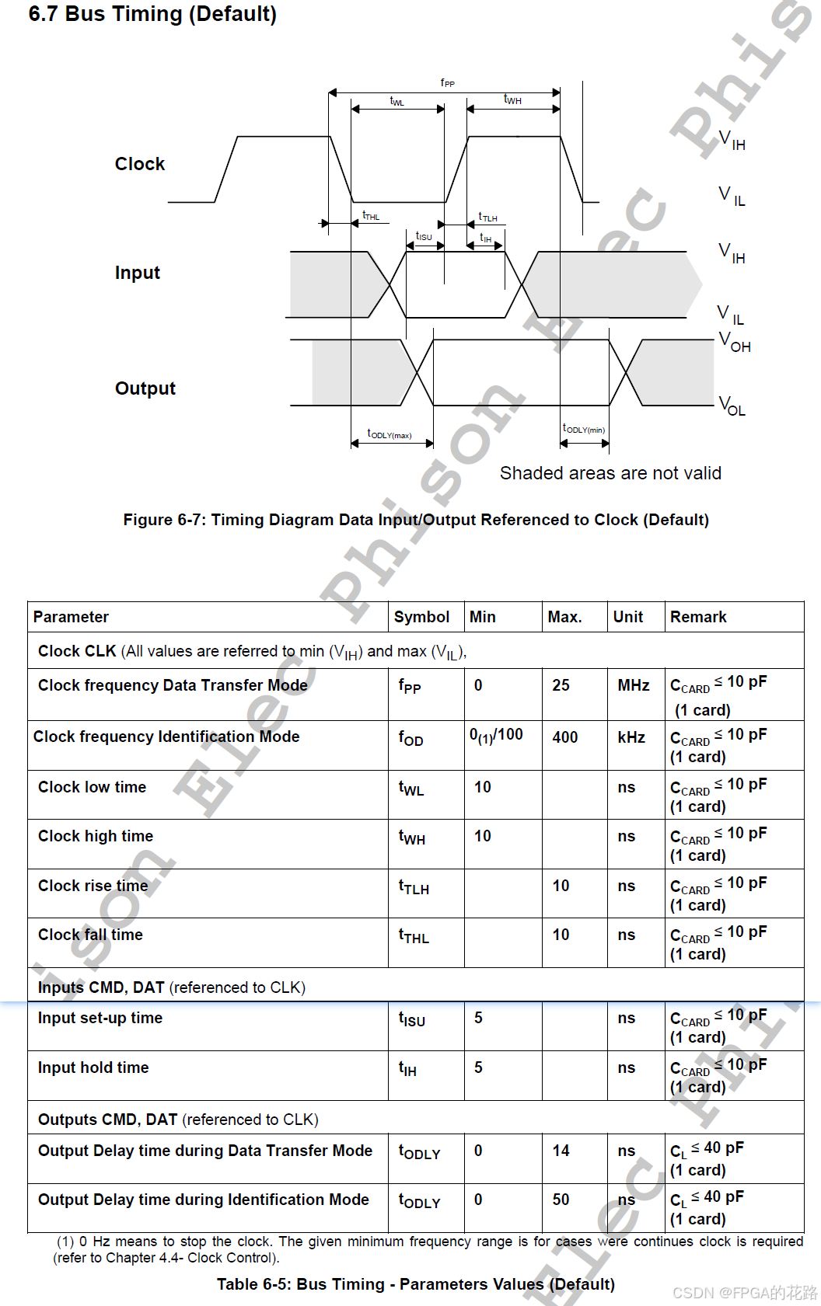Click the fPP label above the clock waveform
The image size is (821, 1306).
(447, 82)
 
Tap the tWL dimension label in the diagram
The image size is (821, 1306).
(397, 101)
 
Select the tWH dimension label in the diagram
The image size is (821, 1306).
(512, 99)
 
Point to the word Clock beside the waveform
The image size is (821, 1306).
(140, 164)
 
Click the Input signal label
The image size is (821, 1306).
(138, 273)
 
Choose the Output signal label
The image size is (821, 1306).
(145, 388)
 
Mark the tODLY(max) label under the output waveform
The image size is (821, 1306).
(390, 434)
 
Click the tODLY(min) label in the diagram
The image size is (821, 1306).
(584, 429)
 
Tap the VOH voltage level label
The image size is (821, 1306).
(735, 342)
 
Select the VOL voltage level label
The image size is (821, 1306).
(732, 406)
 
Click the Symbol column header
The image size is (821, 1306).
(421, 617)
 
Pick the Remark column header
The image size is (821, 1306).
(698, 617)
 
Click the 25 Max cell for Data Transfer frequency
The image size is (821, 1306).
(561, 685)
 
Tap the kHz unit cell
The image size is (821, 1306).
(631, 737)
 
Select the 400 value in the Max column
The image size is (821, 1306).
(565, 737)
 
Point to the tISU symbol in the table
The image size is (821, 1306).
(412, 1019)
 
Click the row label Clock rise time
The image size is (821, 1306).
(93, 886)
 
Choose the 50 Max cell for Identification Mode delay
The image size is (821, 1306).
(561, 1200)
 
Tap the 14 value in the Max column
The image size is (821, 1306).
(561, 1151)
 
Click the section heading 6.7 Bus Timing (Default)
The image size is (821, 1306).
(152, 14)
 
